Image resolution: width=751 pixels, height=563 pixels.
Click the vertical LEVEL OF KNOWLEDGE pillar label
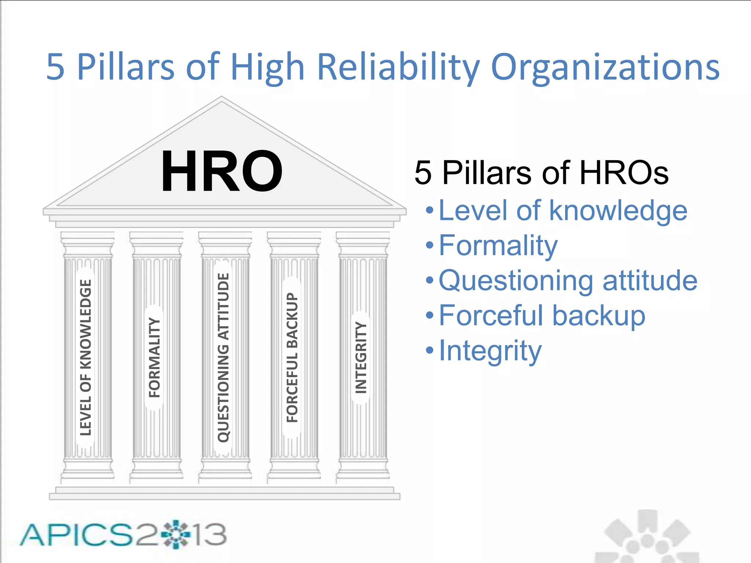(85, 357)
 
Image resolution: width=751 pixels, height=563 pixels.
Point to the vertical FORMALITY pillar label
(154, 357)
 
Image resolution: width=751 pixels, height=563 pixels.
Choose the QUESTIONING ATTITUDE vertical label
(223, 357)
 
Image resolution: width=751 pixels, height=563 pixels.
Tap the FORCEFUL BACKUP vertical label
(292, 357)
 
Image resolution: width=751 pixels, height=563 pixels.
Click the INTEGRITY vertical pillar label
(361, 357)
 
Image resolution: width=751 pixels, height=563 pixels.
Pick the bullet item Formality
(498, 246)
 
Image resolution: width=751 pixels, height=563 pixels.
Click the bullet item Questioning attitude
(568, 280)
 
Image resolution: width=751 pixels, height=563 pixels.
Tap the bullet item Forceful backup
(542, 315)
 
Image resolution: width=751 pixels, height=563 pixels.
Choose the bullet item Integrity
(490, 350)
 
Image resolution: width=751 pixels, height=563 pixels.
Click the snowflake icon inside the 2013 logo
(176, 534)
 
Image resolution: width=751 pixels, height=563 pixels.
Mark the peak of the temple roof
(221, 97)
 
